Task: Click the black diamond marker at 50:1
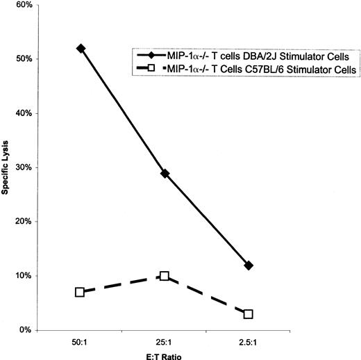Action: tap(81, 48)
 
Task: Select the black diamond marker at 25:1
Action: tap(165, 173)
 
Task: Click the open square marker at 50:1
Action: tap(80, 292)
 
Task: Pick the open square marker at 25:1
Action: tap(165, 276)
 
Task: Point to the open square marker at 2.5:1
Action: tap(249, 314)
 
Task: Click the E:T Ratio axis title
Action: tap(165, 354)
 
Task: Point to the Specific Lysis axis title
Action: tap(6, 167)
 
